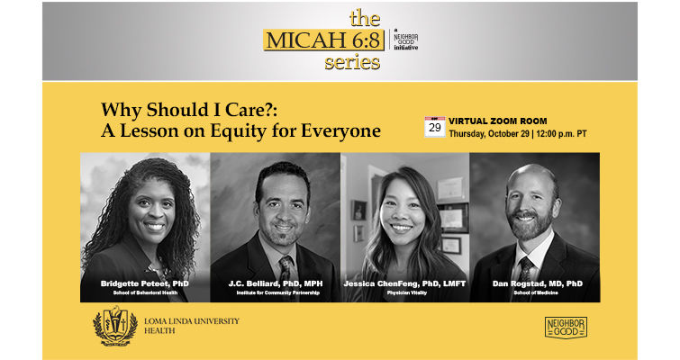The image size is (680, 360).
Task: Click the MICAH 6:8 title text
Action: pos(323,40)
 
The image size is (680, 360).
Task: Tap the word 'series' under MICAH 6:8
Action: pos(352,62)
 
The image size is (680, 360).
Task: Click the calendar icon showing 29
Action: pos(434,127)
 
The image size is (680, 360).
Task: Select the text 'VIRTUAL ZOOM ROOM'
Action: pos(497,121)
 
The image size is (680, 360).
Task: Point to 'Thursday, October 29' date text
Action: pos(489,134)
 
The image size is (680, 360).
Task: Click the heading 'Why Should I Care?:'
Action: pos(189,110)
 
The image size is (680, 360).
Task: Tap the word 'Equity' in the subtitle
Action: pos(238,130)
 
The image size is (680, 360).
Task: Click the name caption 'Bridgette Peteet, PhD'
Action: pos(145,283)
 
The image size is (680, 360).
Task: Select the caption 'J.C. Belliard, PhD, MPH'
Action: pos(276,283)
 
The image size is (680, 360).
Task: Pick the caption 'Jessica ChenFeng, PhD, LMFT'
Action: pos(404,283)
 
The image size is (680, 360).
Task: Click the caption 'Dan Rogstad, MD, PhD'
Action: pos(538,283)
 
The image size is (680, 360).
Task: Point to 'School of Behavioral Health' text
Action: pos(145,292)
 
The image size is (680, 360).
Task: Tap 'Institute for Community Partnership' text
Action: pos(277,292)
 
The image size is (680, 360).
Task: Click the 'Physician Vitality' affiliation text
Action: pos(407,292)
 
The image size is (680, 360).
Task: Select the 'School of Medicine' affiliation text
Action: pos(536,292)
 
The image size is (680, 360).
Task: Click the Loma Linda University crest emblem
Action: pos(115,326)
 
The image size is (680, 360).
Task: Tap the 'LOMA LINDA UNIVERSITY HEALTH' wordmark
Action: pos(191,326)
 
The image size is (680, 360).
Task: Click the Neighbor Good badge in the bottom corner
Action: pos(566,328)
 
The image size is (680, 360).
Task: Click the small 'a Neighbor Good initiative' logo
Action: pos(405,40)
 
